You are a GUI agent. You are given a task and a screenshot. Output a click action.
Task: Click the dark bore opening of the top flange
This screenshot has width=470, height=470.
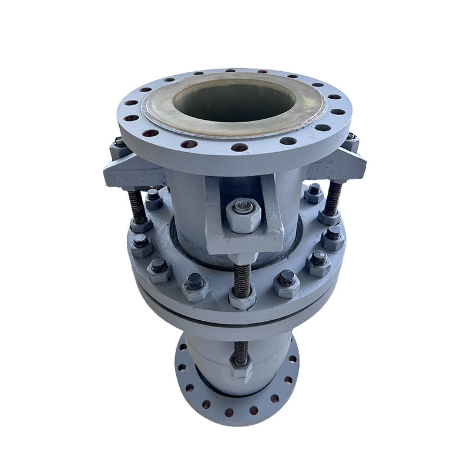coord(234,99)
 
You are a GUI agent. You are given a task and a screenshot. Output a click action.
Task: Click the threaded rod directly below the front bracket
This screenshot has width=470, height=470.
coord(241,276)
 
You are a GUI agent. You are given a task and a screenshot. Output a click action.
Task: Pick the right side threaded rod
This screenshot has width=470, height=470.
coord(334,197)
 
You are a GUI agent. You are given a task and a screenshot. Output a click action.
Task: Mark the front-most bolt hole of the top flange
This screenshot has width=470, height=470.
coord(239,147)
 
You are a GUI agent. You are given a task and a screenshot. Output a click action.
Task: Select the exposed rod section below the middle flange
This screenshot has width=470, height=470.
coord(240,351)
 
